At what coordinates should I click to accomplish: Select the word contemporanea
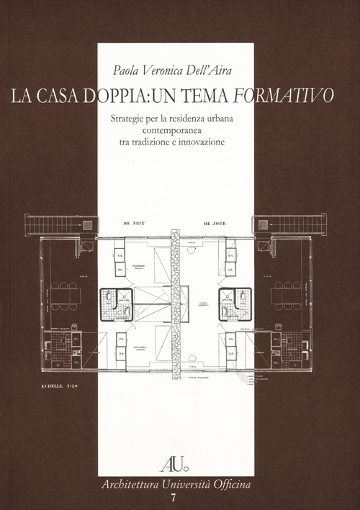pyautogui.click(x=176, y=129)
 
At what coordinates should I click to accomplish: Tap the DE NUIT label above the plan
pyautogui.click(x=135, y=224)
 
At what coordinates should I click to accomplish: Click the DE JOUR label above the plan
pyautogui.click(x=215, y=224)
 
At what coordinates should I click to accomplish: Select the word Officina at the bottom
pyautogui.click(x=230, y=484)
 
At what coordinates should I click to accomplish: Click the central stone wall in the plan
pyautogui.click(x=175, y=302)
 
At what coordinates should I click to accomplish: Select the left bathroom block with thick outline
pyautogui.click(x=116, y=304)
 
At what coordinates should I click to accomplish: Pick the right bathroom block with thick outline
pyautogui.click(x=235, y=304)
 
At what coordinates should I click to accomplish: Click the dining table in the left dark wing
pyautogui.click(x=65, y=296)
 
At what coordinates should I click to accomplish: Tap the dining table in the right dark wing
pyautogui.click(x=287, y=296)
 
